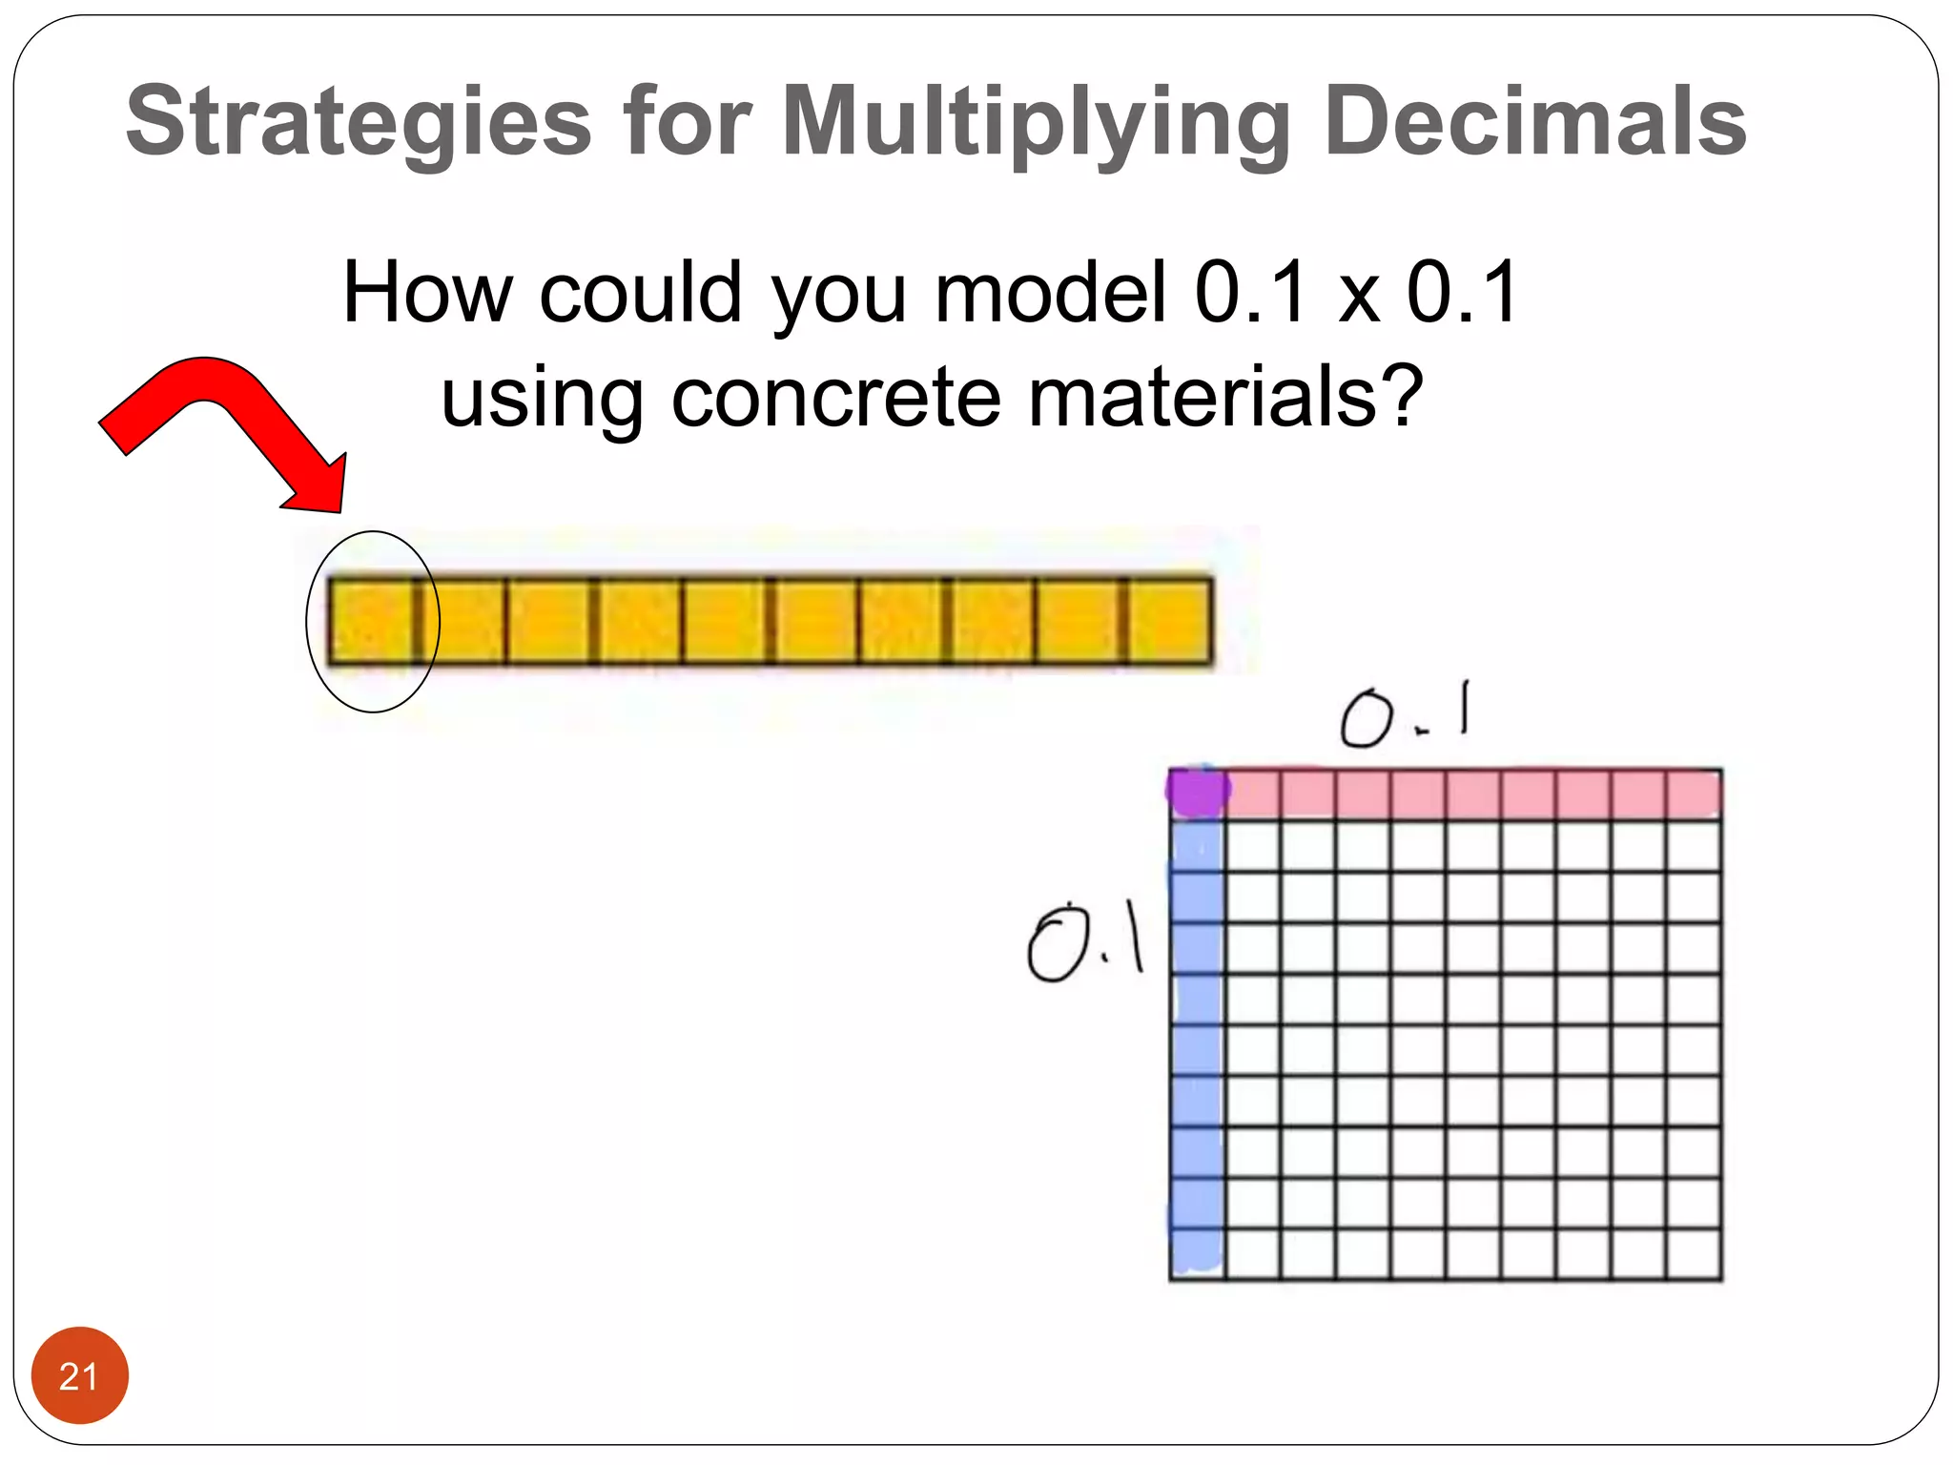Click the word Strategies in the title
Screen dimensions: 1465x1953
[359, 122]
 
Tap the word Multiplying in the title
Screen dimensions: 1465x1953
[1036, 122]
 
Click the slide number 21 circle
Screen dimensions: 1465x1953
[79, 1375]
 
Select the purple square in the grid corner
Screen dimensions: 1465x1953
[1198, 792]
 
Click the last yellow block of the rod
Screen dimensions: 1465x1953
[1169, 620]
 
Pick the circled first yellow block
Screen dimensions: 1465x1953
[370, 620]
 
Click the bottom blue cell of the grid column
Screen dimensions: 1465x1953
[1198, 1251]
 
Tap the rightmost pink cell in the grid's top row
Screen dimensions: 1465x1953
[1694, 794]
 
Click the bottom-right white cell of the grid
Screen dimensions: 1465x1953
[1694, 1253]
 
